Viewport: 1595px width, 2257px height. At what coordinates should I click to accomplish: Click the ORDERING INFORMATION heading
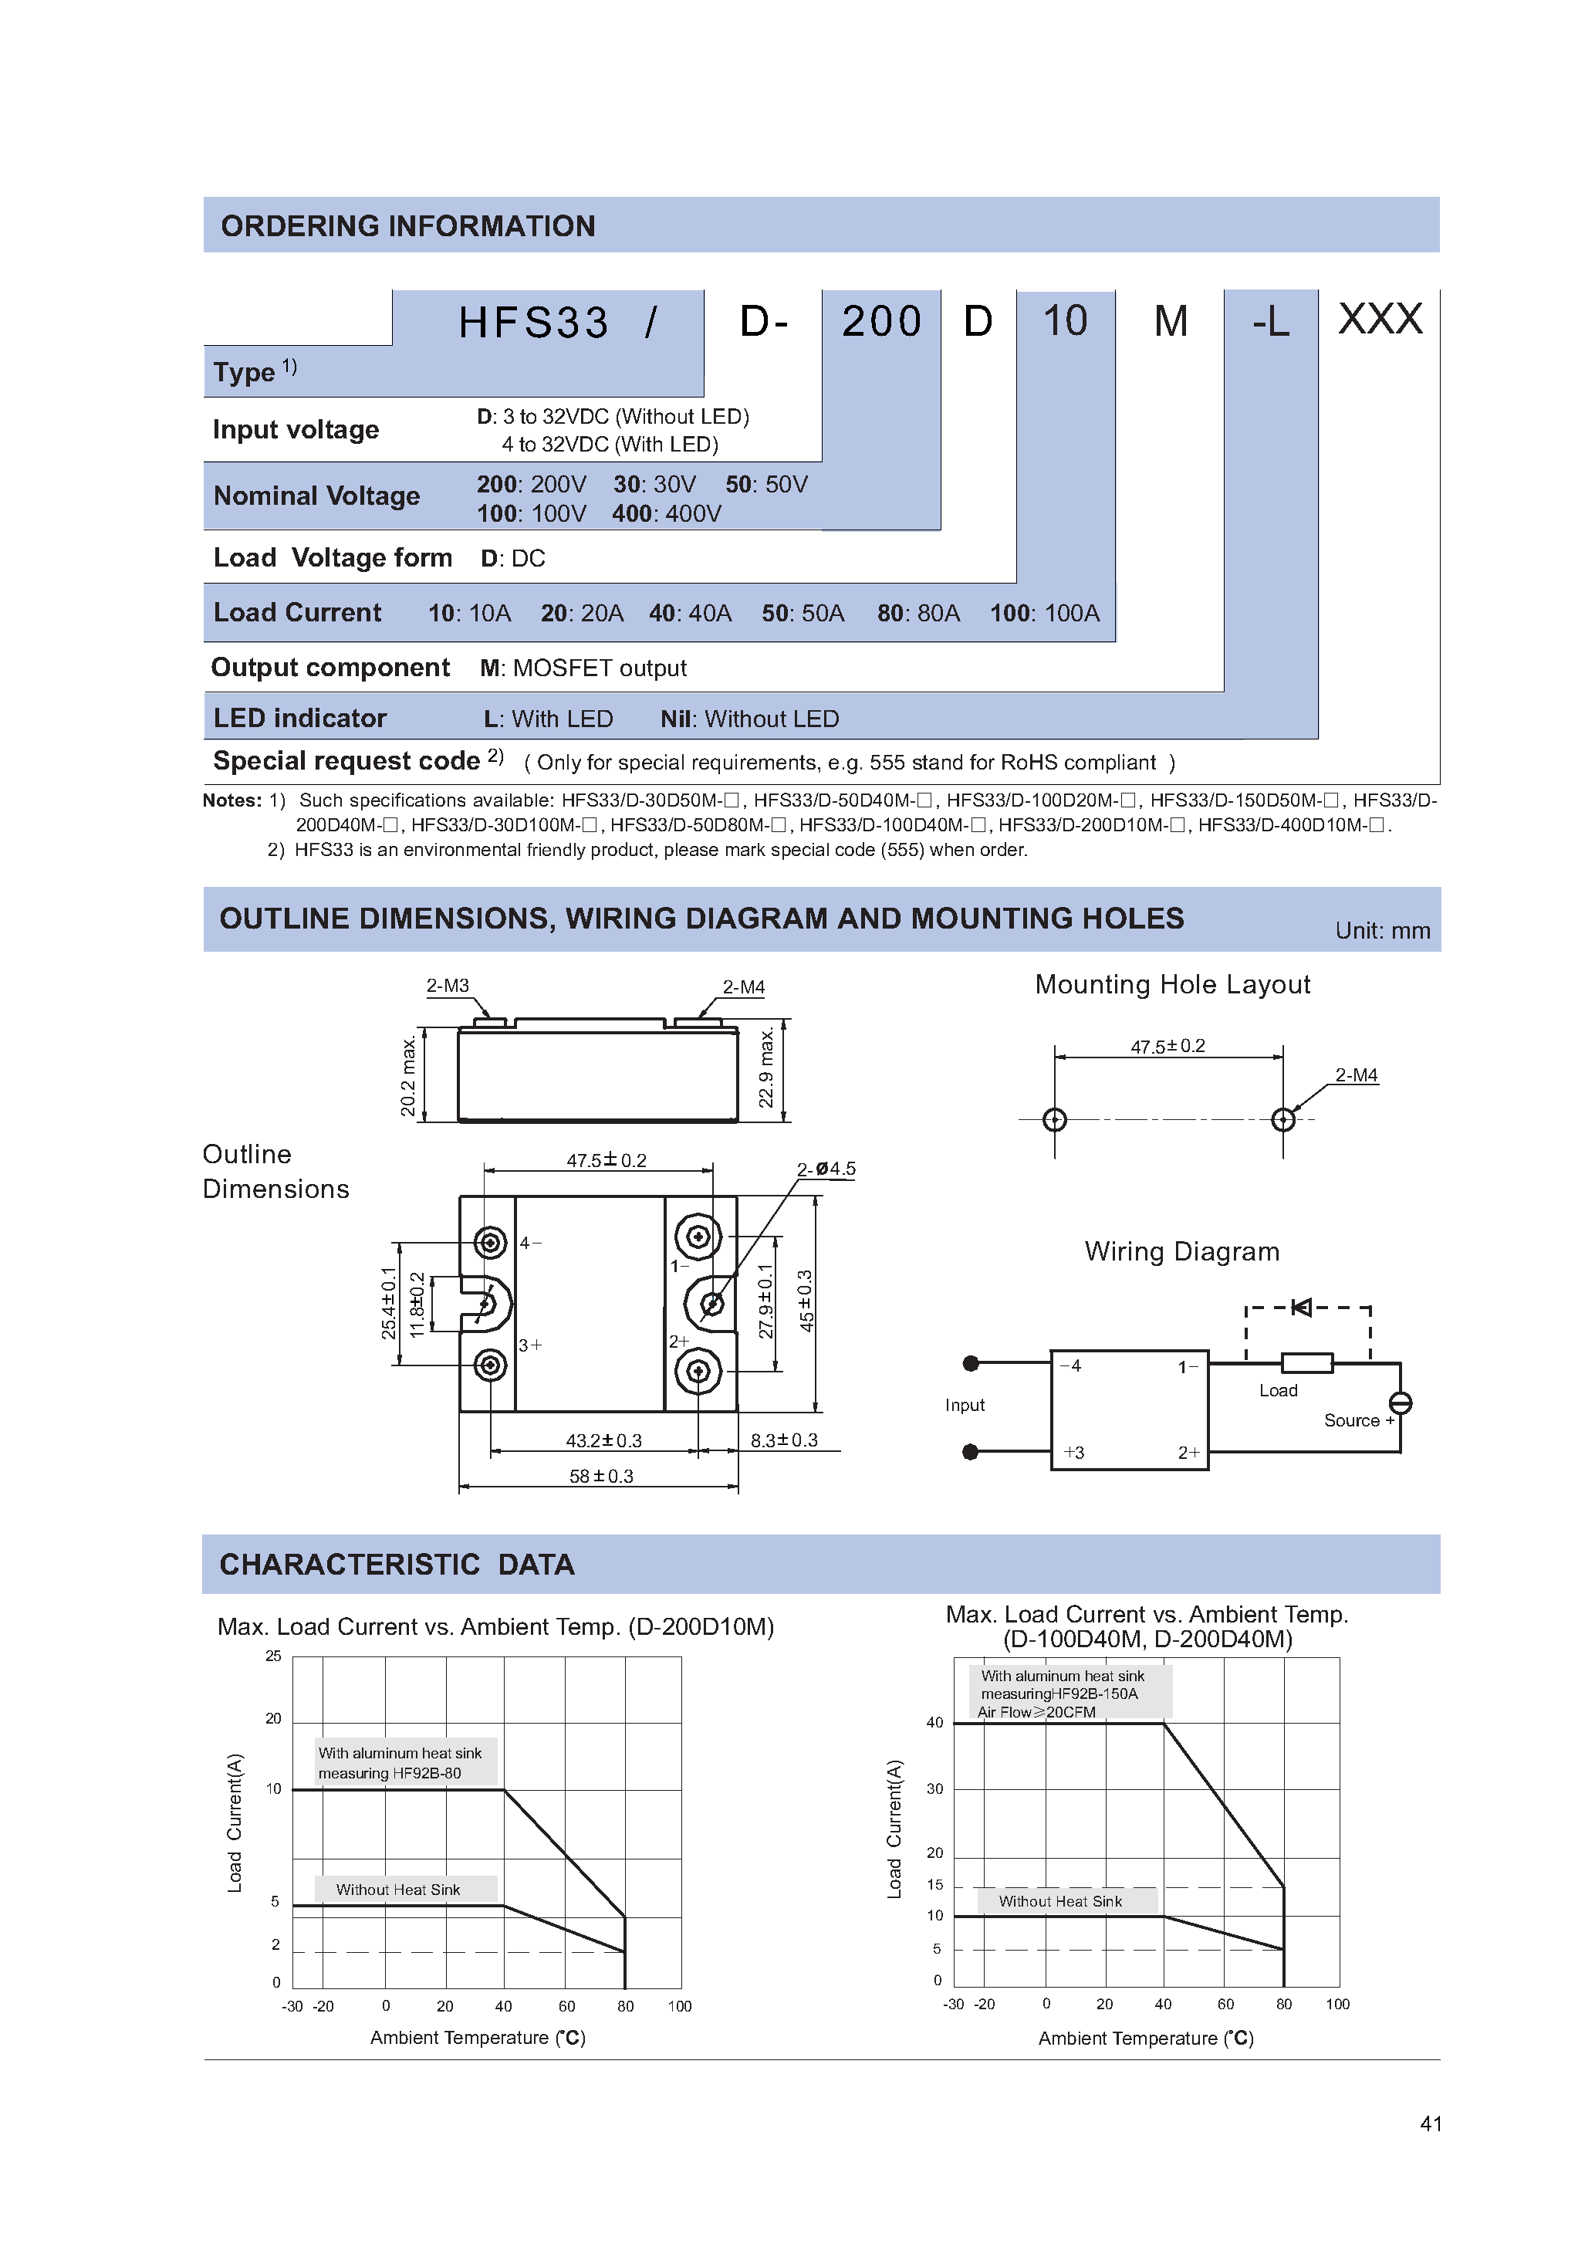tap(408, 226)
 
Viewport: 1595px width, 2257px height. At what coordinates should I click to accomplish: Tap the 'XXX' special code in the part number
tap(1379, 320)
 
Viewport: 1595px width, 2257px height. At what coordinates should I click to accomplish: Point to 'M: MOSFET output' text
tap(583, 668)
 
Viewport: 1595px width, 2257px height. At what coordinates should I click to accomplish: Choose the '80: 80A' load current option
tap(918, 614)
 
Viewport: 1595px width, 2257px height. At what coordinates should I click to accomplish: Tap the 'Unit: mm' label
tap(1382, 931)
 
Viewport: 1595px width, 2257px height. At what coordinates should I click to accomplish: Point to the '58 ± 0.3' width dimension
tap(600, 1477)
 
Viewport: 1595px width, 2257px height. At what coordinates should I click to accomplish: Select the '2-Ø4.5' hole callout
tap(826, 1169)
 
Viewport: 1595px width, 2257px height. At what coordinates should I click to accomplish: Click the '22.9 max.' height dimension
tap(766, 1068)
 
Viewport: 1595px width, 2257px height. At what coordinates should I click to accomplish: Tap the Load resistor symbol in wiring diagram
tap(1306, 1362)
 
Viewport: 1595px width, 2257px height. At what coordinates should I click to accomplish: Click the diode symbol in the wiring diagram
tap(1301, 1308)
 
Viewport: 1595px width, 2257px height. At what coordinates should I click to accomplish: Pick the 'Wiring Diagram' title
tap(1181, 1251)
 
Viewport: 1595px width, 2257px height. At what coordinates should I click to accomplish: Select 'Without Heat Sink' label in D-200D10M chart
tap(398, 1890)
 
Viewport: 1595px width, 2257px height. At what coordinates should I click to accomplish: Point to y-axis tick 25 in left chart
tap(273, 1656)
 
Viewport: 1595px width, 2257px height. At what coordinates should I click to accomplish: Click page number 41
tap(1430, 2123)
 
